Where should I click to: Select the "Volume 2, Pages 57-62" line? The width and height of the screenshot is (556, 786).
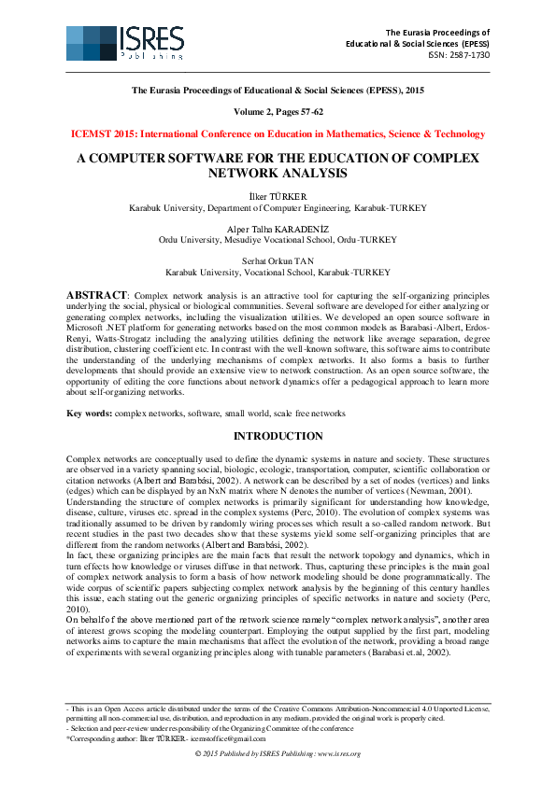(278, 111)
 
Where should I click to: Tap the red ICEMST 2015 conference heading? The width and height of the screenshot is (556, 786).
(278, 134)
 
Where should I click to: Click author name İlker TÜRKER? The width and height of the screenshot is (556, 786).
(278, 196)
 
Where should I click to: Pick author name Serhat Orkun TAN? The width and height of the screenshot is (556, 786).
(278, 261)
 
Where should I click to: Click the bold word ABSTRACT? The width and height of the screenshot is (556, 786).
(95, 295)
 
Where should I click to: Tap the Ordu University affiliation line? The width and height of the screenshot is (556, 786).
(278, 239)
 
